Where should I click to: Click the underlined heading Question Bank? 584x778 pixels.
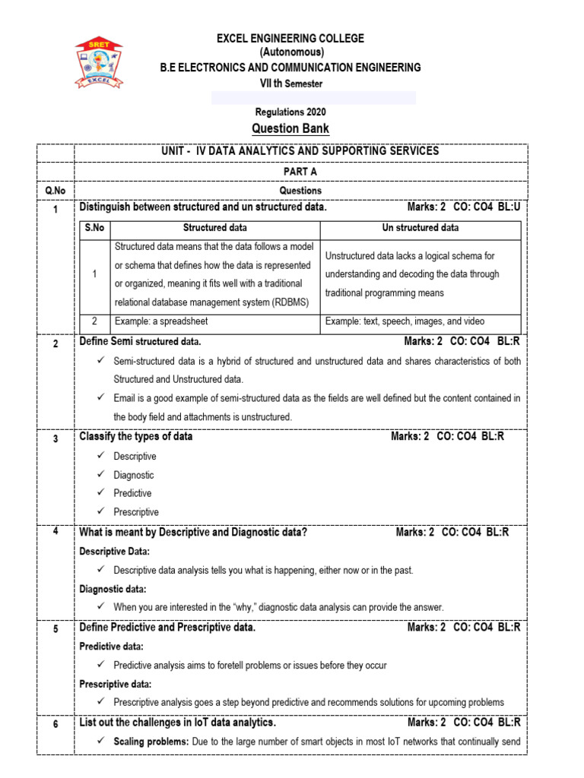tap(291, 128)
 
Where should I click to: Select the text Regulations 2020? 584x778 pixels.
tap(291, 112)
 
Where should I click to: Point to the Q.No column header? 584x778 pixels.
tap(56, 191)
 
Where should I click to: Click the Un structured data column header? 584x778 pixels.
tap(420, 227)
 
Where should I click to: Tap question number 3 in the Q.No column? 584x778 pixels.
tap(56, 438)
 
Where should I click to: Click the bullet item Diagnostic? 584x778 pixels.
tap(134, 475)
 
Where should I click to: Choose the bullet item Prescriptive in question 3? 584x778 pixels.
tap(136, 512)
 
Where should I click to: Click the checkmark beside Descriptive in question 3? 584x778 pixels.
tap(102, 456)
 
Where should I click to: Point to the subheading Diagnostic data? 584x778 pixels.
tap(113, 589)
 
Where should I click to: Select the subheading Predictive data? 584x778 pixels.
tap(112, 647)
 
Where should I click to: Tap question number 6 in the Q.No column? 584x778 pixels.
tap(56, 725)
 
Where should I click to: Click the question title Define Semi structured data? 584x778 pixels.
tap(140, 342)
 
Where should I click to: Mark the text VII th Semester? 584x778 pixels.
tap(291, 83)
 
